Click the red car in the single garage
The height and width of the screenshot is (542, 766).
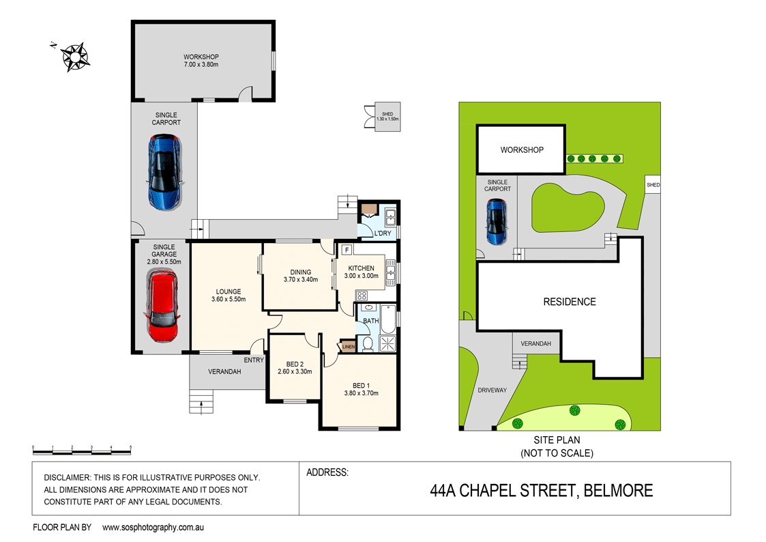(162, 306)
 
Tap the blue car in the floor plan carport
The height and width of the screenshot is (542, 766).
(165, 172)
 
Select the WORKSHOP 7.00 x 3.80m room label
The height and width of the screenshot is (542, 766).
(201, 61)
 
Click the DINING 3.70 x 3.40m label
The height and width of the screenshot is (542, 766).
(300, 276)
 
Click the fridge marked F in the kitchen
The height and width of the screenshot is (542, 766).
(347, 251)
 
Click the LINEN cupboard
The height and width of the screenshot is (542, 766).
(348, 346)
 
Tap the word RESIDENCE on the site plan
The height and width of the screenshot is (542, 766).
(570, 302)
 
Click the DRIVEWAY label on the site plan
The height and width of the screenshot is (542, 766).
(492, 390)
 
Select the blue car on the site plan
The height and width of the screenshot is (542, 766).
(496, 221)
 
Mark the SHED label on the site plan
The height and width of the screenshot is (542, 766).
(653, 185)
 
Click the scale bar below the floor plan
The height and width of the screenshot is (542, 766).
(82, 450)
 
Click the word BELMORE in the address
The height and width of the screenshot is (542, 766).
(618, 490)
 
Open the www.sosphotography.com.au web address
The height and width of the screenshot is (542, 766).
(153, 528)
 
